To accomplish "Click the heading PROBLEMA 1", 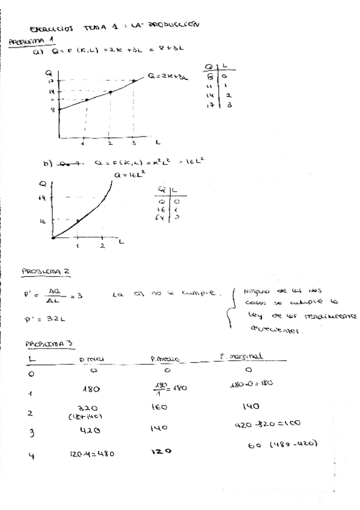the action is pos(29,41).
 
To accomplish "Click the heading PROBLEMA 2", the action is pos(46,271).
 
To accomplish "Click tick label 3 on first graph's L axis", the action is pos(133,144).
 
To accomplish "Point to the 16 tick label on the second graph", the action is pos(43,221).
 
